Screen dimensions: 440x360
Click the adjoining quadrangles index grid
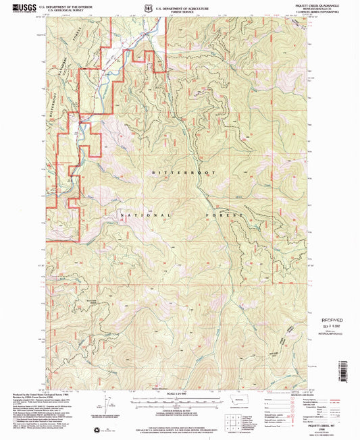(x=234, y=418)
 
